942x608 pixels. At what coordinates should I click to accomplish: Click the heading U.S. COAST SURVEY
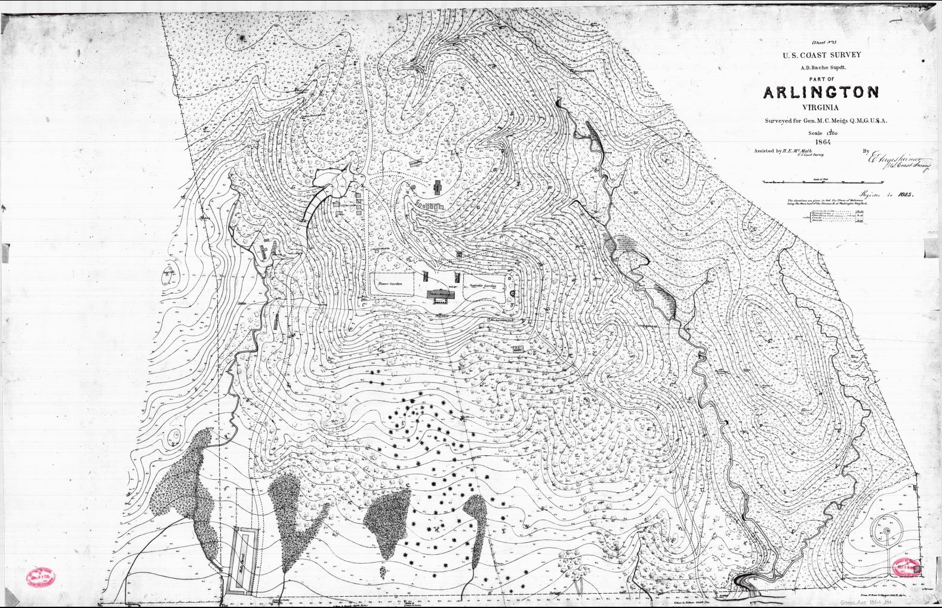tap(822, 55)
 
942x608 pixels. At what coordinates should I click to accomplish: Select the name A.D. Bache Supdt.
tap(822, 67)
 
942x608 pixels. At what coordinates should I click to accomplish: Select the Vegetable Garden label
tap(484, 286)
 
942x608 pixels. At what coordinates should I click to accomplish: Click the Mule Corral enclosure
tap(243, 561)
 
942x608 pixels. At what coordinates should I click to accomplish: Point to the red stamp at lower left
tap(41, 577)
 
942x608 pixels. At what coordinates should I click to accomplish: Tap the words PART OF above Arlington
tap(822, 79)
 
